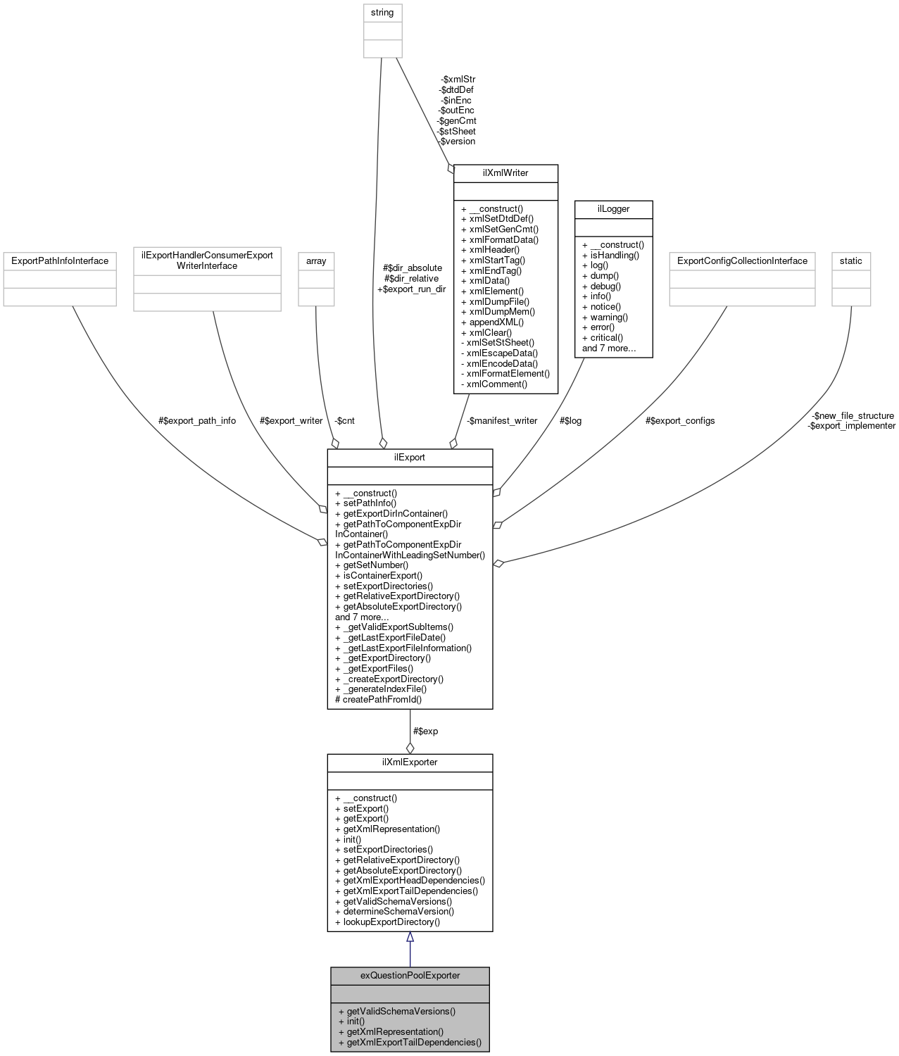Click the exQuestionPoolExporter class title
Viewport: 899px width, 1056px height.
[x=410, y=975]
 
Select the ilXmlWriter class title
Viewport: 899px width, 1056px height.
[x=505, y=172]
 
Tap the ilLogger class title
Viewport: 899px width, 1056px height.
[x=613, y=208]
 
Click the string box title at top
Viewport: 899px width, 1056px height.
[x=382, y=13]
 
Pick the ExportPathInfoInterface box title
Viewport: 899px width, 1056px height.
[x=60, y=260]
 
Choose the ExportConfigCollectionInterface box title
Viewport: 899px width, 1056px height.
[x=742, y=260]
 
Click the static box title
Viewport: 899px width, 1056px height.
[x=850, y=260]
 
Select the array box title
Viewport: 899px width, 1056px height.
[x=316, y=260]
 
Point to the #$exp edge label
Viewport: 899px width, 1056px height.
[x=425, y=731]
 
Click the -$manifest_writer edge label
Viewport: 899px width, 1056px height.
[x=502, y=420]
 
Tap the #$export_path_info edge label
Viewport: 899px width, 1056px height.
[x=197, y=420]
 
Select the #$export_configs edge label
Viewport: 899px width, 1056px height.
[x=680, y=420]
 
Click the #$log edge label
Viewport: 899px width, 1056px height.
[x=570, y=420]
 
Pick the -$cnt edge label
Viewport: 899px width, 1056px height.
[x=344, y=420]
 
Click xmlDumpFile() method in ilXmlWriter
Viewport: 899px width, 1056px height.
[x=499, y=301]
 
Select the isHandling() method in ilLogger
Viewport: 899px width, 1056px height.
[x=615, y=255]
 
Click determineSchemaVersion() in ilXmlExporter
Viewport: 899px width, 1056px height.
[x=398, y=911]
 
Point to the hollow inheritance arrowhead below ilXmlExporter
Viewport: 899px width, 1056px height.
[x=410, y=937]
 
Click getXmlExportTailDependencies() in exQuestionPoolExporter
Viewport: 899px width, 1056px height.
[x=414, y=1042]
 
